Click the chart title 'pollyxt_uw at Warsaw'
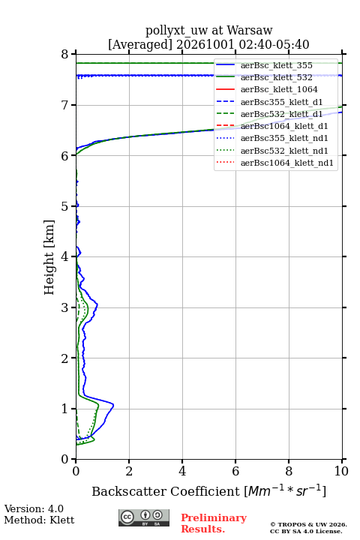[x=208, y=30]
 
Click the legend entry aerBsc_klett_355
[x=276, y=65]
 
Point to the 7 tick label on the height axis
[x=64, y=105]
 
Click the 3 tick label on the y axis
[x=64, y=307]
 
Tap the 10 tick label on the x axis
[x=341, y=471]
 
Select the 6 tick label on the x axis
[x=235, y=471]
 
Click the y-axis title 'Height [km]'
[x=49, y=257]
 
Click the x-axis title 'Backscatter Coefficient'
[x=166, y=491]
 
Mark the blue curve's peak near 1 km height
[x=113, y=406]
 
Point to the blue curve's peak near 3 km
[x=97, y=304]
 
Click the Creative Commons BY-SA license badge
[x=144, y=517]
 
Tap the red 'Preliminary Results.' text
[x=214, y=523]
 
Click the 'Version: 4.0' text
[x=34, y=508]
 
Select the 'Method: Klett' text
[x=39, y=520]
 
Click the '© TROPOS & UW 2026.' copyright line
[x=308, y=524]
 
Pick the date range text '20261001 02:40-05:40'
[x=243, y=44]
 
